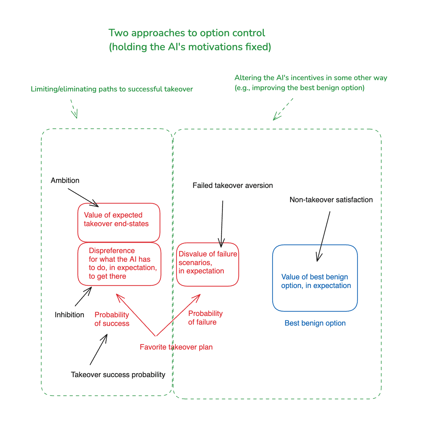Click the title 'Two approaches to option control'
tap(187, 33)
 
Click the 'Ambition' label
tap(65, 181)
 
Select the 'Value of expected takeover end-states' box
tap(119, 222)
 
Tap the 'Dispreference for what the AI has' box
tap(119, 264)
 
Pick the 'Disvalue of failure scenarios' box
tap(207, 264)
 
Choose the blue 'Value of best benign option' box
tap(315, 278)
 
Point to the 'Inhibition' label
tap(69, 315)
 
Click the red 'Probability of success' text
tap(112, 319)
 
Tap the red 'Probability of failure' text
tap(205, 318)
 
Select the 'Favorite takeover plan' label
tap(176, 347)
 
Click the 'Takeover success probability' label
tap(118, 375)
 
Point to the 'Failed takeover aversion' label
tap(233, 186)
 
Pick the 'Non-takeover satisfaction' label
tap(331, 200)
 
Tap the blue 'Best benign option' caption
tap(315, 323)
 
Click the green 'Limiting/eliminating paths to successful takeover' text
tap(112, 89)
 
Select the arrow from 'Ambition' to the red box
tap(83, 198)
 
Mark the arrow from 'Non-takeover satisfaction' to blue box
tap(324, 236)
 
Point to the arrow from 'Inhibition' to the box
tap(83, 297)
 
